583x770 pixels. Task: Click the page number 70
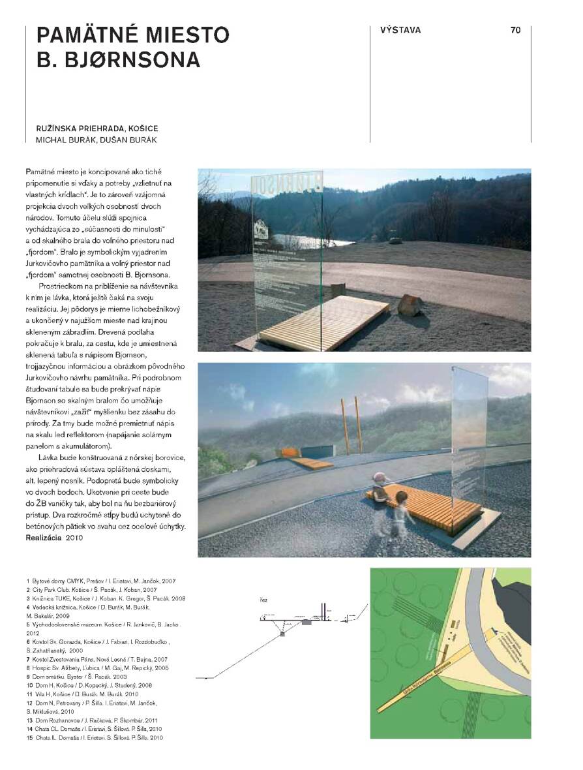tap(515, 30)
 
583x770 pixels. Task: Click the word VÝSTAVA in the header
tap(400, 30)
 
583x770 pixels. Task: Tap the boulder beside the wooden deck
tap(410, 305)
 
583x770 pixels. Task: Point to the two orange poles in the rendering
tap(351, 424)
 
